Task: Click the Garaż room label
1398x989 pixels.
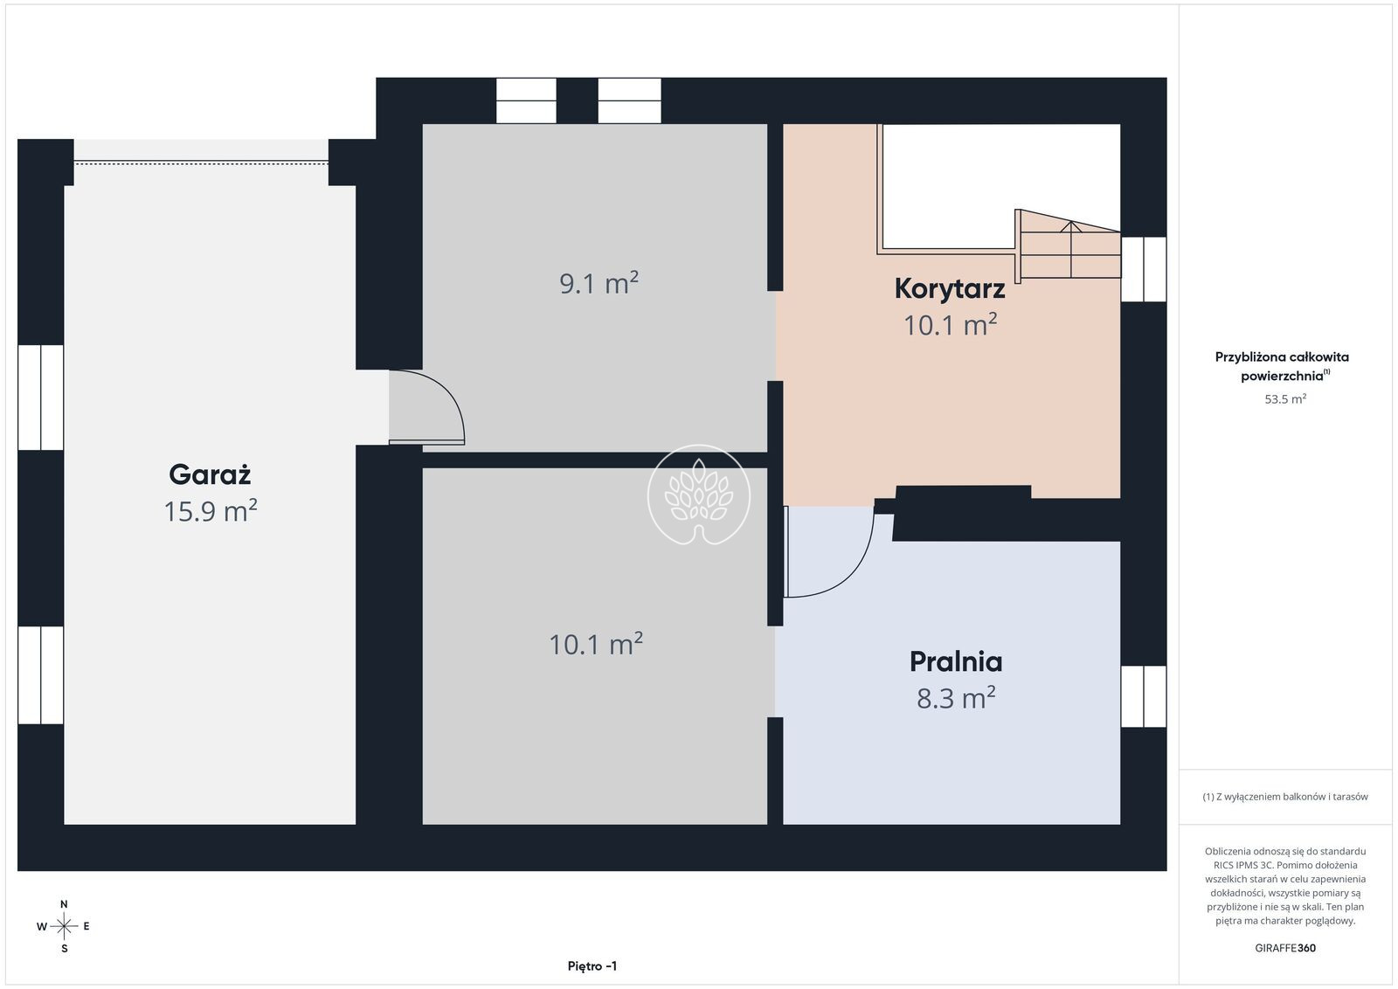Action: coord(210,475)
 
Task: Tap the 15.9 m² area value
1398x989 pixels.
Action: coord(211,511)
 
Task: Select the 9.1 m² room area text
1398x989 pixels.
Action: coord(599,283)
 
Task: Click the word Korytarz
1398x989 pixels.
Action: coord(949,289)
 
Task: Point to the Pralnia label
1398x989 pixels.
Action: coord(956,661)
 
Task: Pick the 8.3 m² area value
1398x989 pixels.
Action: coord(956,698)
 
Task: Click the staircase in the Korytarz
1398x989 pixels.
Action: coord(1068,245)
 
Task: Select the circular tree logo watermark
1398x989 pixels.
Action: coord(698,494)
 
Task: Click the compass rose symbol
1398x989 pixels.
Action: coord(64,927)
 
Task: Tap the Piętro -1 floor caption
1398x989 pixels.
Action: coord(592,966)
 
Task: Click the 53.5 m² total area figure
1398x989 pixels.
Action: coord(1285,398)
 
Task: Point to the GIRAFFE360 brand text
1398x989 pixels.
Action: coord(1285,948)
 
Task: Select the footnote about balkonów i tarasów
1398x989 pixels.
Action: coord(1285,796)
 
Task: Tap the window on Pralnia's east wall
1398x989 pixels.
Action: coord(1144,696)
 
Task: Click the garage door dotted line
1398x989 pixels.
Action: coord(201,163)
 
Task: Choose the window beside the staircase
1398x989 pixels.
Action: coord(1144,270)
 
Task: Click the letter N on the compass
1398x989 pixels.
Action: coord(64,904)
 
